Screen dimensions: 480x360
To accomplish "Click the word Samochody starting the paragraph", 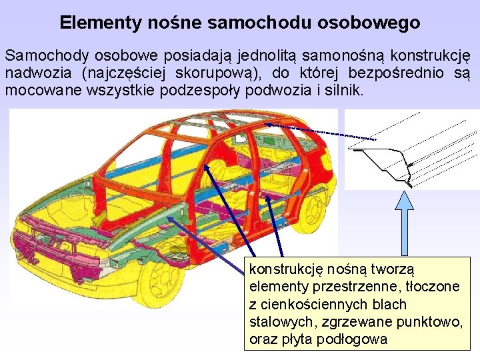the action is [x=39, y=55].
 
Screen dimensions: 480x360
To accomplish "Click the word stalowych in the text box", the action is [x=275, y=322].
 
